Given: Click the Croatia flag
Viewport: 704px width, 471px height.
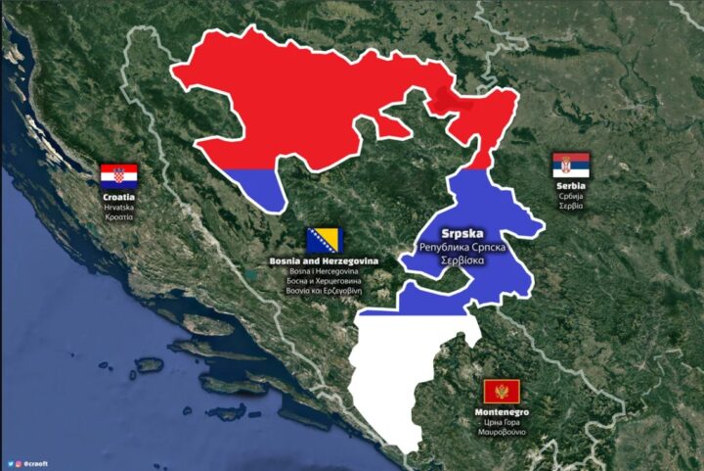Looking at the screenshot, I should [x=119, y=176].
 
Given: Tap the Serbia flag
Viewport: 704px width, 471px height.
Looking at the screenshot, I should [x=571, y=165].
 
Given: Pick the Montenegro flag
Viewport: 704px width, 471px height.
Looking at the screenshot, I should [x=502, y=393].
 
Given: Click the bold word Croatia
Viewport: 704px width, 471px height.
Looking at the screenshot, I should [x=118, y=197].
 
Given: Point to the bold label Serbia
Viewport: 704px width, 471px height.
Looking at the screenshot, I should [x=571, y=185].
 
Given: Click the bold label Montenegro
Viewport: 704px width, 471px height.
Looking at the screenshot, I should [x=502, y=412].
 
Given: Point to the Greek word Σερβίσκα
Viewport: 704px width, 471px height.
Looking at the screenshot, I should [x=457, y=262].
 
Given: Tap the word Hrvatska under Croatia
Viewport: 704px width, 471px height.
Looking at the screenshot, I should [x=118, y=208].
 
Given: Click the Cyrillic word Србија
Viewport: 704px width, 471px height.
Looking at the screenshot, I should [x=571, y=196].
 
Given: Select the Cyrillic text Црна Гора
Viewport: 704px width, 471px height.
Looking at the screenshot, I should [x=503, y=422].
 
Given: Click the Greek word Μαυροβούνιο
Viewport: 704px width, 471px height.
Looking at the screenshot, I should [x=503, y=432].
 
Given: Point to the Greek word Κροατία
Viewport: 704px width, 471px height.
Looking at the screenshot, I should [x=118, y=217].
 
